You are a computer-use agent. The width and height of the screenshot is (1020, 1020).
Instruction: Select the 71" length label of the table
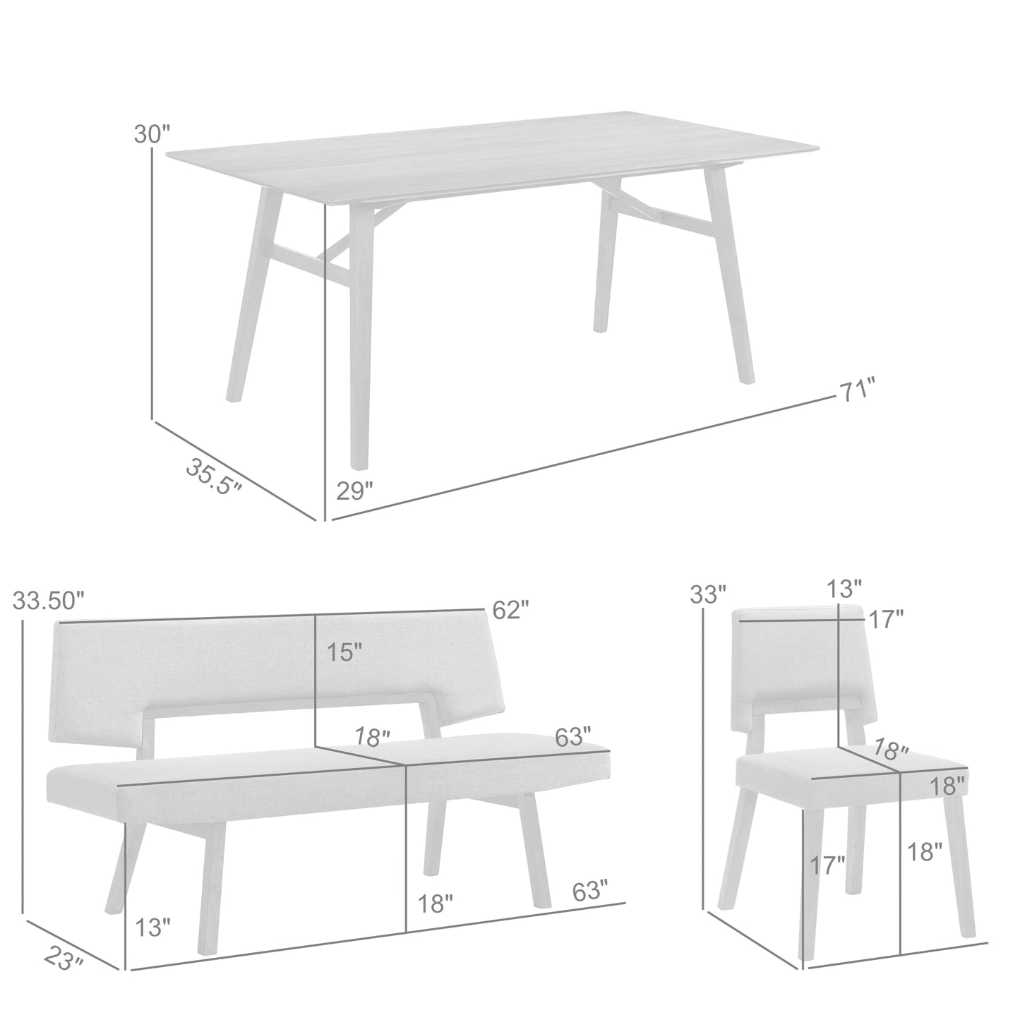click(x=856, y=390)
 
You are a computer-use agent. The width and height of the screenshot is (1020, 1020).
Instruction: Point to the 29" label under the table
click(x=354, y=491)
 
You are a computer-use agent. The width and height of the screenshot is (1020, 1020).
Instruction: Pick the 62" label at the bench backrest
click(x=510, y=609)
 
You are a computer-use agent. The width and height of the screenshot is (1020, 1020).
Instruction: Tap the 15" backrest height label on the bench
click(x=344, y=652)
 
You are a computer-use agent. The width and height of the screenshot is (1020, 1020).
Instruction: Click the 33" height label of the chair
click(x=708, y=594)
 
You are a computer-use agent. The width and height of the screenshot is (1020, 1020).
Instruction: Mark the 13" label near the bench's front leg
click(x=152, y=926)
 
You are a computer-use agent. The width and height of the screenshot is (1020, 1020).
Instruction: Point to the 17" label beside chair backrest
click(x=886, y=620)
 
